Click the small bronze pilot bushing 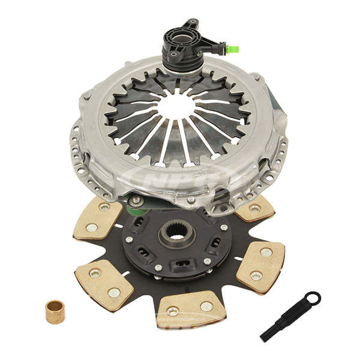point(56,310)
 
